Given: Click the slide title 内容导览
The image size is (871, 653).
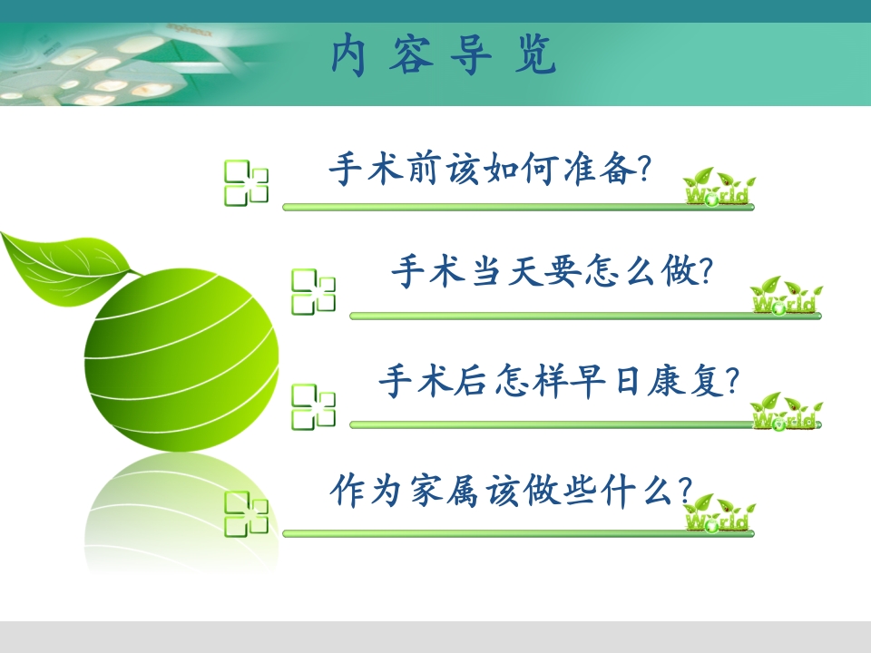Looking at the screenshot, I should (444, 56).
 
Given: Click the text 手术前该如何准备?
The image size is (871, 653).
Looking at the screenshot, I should (490, 170).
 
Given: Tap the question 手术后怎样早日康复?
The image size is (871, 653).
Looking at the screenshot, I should (559, 382).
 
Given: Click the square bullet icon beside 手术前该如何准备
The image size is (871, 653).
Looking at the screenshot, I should (246, 182).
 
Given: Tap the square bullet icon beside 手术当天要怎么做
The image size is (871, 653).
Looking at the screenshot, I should (313, 292).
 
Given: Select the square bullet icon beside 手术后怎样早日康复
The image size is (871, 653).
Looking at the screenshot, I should (313, 405).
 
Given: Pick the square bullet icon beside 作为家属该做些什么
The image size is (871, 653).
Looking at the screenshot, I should (246, 512).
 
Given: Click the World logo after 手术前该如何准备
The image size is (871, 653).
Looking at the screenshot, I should (718, 189).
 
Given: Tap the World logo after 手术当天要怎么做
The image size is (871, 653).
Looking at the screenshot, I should (786, 297).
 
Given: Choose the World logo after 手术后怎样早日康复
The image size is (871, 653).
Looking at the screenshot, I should (786, 413).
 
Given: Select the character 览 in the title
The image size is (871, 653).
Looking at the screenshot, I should (539, 56).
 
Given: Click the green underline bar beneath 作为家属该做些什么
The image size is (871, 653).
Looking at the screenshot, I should (517, 533).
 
